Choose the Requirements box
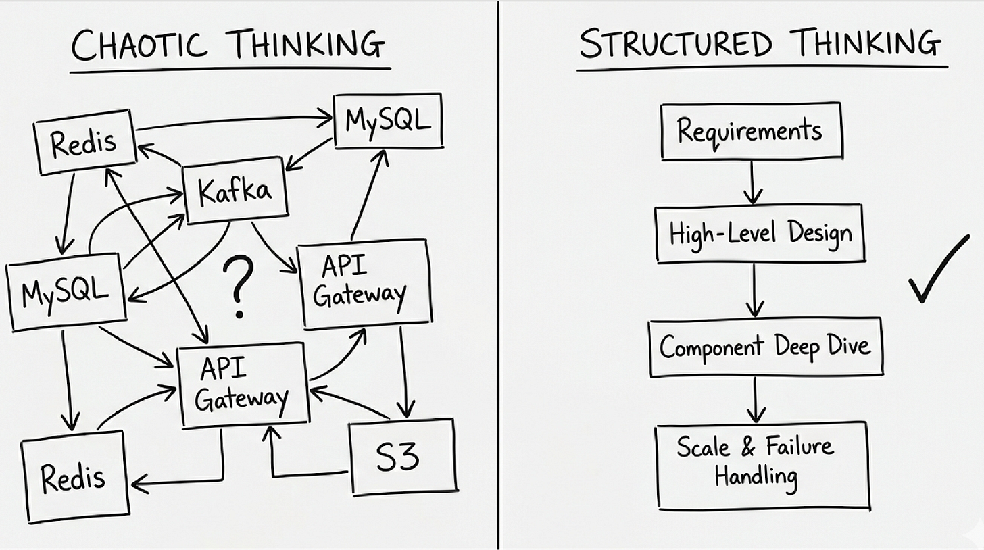pyautogui.click(x=750, y=130)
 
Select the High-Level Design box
pyautogui.click(x=760, y=234)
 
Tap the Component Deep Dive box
pyautogui.click(x=764, y=348)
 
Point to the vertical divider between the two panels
pyautogui.click(x=498, y=270)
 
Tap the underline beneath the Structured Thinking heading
pyautogui.click(x=762, y=68)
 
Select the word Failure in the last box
pyautogui.click(x=799, y=447)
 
